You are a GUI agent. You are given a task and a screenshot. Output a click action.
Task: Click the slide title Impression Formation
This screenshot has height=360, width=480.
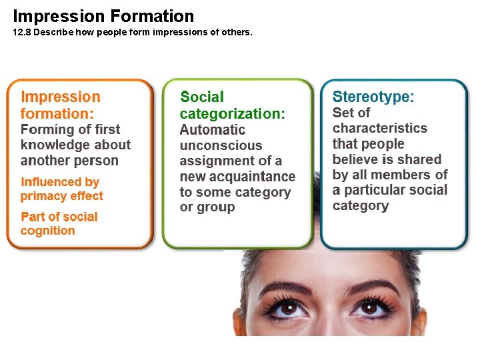tap(103, 16)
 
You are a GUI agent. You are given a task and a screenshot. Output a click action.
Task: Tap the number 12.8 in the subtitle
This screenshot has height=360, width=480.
tap(21, 32)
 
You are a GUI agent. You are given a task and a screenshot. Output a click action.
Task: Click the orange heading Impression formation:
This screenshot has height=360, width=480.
tap(60, 105)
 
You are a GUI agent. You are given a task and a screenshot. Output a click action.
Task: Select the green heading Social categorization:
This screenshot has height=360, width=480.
tap(232, 105)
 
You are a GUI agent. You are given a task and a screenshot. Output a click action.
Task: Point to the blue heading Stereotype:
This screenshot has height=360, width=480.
tap(373, 97)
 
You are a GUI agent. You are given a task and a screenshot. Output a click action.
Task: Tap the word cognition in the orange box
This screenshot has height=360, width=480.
tap(47, 231)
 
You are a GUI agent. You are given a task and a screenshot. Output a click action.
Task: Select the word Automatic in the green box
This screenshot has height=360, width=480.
tap(213, 130)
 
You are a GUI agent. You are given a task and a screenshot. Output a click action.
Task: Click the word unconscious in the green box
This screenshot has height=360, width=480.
tap(221, 145)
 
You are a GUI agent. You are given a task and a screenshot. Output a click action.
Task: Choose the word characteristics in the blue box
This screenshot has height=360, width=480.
tap(379, 128)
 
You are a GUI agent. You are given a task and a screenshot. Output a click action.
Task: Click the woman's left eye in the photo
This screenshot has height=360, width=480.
tap(374, 308)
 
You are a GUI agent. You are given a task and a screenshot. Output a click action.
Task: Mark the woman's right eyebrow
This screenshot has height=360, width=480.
tap(287, 288)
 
